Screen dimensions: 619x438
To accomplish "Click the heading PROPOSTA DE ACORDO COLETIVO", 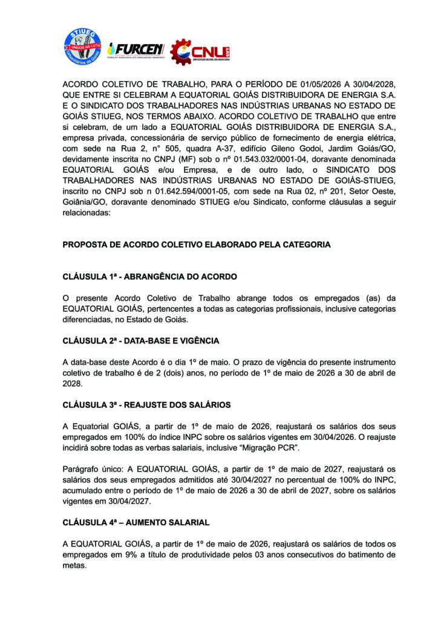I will coord(197,245).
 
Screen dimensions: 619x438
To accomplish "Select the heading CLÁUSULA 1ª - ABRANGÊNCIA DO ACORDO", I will coord(150,276).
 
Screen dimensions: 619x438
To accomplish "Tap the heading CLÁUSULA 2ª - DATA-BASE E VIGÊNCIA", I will coord(141,341).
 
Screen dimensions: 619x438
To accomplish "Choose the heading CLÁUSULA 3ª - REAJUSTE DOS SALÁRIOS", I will coord(146,404).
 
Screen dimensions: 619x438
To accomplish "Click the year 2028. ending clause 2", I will coord(73,383).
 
